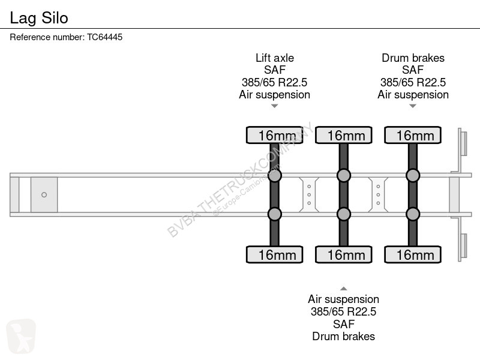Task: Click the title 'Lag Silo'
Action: (x=39, y=18)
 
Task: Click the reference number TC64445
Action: (x=104, y=37)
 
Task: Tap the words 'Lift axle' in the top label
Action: (x=275, y=58)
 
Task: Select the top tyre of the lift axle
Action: (x=275, y=135)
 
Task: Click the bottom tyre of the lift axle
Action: (x=275, y=254)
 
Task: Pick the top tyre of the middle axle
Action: (x=344, y=135)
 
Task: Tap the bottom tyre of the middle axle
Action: (x=344, y=254)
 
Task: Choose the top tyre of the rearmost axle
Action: (x=413, y=135)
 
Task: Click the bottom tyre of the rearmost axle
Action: (x=413, y=254)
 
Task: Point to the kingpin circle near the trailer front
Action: (x=44, y=194)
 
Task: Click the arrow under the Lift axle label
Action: (x=275, y=106)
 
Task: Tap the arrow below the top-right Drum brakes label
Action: (x=413, y=106)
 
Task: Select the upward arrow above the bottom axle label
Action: (x=344, y=289)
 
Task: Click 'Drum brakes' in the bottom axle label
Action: (x=343, y=337)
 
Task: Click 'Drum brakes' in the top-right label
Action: (x=413, y=58)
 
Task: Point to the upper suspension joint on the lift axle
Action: (x=275, y=175)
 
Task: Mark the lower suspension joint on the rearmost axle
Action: (x=413, y=214)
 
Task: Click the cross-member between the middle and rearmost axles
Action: (x=378, y=194)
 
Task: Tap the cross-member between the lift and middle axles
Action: (x=309, y=194)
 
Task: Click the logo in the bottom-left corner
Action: (x=21, y=336)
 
